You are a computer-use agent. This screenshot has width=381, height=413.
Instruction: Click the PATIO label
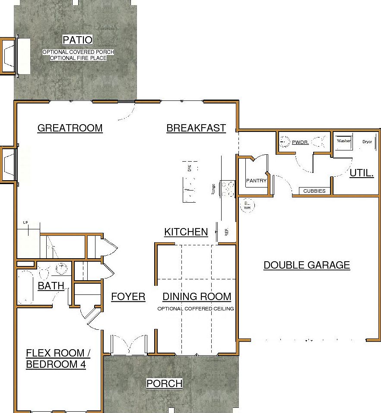pos(78,40)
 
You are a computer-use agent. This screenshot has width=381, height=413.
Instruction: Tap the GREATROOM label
pos(70,128)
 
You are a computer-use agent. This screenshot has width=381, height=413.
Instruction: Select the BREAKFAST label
pos(196,128)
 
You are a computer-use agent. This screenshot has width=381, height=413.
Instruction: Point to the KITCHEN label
pos(186,232)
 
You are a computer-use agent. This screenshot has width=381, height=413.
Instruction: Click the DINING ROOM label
pos(197,297)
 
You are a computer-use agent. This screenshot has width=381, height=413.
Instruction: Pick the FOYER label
pos(128,297)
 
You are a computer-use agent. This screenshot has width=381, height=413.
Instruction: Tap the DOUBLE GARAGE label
pos(307,265)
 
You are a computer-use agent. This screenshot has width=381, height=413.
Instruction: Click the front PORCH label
pos(164,384)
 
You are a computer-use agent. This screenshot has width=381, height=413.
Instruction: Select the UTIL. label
pos(362,173)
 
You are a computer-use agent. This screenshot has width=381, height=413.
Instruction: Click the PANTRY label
pos(256,181)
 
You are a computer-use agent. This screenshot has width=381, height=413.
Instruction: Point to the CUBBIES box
pos(314,191)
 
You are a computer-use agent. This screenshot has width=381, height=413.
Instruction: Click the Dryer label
pos(367,141)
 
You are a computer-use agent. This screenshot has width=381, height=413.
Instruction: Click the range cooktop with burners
pos(228,188)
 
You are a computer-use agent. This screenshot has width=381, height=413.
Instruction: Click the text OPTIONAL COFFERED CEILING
pos(196,309)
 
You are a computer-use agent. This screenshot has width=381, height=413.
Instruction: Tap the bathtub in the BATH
pos(25,287)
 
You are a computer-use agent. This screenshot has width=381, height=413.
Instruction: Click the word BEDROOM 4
pos(56,365)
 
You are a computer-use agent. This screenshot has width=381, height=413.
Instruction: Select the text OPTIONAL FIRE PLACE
pos(78,58)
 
